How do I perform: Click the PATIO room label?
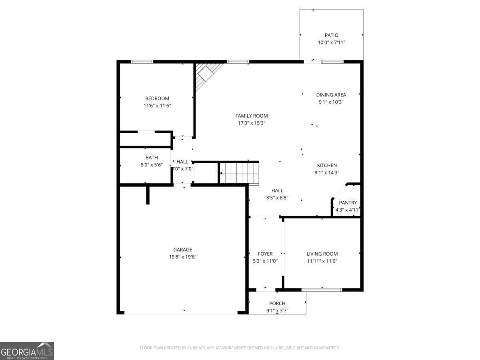pyautogui.click(x=331, y=35)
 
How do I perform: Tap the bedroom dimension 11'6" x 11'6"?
pyautogui.click(x=157, y=106)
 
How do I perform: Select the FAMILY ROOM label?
pyautogui.click(x=251, y=116)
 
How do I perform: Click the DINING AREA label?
pyautogui.click(x=331, y=95)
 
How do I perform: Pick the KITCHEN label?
pyautogui.click(x=327, y=165)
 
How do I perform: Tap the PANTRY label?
pyautogui.click(x=348, y=203)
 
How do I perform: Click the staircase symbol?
pyautogui.click(x=239, y=173)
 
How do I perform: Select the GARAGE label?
pyautogui.click(x=182, y=250)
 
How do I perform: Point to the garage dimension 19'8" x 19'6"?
pyautogui.click(x=182, y=257)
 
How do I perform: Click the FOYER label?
pyautogui.click(x=265, y=254)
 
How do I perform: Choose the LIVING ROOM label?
pyautogui.click(x=322, y=254)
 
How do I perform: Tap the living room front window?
pyautogui.click(x=322, y=289)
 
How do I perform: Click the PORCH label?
pyautogui.click(x=277, y=303)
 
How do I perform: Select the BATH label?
pyautogui.click(x=152, y=158)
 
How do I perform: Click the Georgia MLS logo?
pyautogui.click(x=27, y=351)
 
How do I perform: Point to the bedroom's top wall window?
pyautogui.click(x=142, y=62)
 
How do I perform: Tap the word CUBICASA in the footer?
pyautogui.click(x=196, y=348)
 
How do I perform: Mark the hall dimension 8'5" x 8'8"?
pyautogui.click(x=277, y=198)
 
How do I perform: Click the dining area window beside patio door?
pyautogui.click(x=332, y=62)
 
